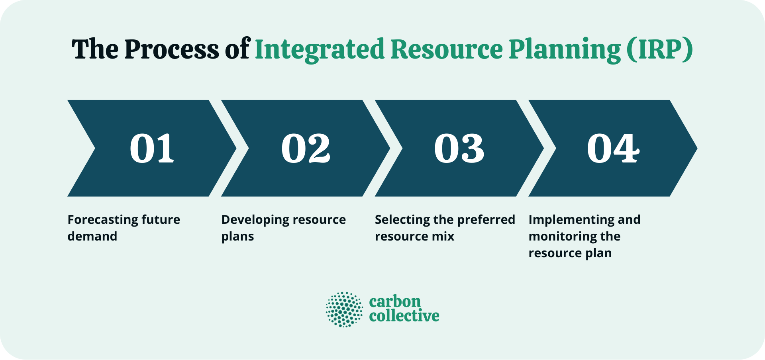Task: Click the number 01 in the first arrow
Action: click(152, 148)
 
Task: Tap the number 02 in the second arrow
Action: click(306, 148)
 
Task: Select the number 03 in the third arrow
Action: click(459, 148)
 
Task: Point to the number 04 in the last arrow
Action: click(613, 148)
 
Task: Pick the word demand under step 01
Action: click(92, 237)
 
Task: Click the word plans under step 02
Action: click(237, 237)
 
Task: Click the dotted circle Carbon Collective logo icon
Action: click(344, 309)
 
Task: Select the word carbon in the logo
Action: click(394, 301)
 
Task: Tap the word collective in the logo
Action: click(404, 316)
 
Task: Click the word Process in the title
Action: click(171, 49)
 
